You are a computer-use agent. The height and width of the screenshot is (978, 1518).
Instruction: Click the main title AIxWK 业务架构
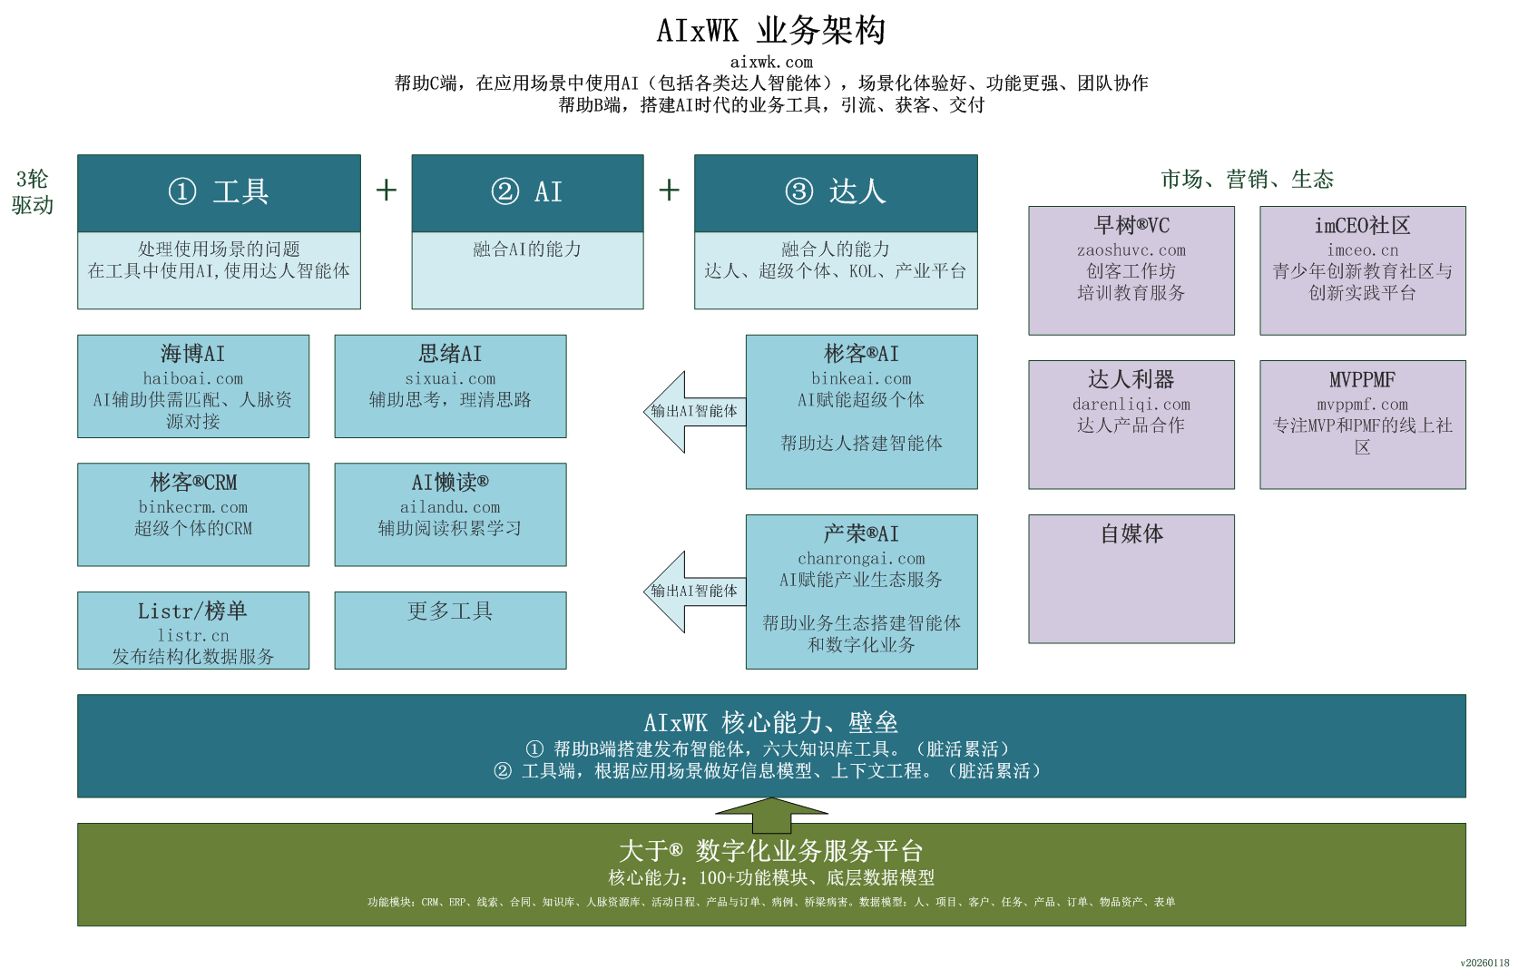pos(770,31)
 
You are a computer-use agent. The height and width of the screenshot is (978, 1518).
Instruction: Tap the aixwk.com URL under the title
pos(771,62)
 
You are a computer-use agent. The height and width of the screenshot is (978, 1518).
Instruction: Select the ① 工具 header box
pos(219,192)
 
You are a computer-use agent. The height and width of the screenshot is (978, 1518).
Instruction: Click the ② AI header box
pos(527,192)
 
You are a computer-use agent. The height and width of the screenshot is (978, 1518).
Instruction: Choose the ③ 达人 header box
pos(836,192)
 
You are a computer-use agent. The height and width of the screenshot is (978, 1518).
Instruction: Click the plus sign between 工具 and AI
pos(387,190)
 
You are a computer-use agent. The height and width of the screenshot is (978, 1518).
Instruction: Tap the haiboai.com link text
pos(193,378)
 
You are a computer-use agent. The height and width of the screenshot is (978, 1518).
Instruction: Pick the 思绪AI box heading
pos(450,354)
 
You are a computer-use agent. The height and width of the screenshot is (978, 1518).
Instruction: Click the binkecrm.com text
pos(193,507)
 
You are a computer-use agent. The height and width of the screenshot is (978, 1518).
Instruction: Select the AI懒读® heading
pos(450,482)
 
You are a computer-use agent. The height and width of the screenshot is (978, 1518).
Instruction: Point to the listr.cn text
pos(193,636)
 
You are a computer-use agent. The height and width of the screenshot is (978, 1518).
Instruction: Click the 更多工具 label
pos(450,611)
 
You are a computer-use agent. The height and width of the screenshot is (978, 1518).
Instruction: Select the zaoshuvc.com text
pos(1131,250)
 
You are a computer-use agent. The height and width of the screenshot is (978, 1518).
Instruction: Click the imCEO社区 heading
pos(1362,226)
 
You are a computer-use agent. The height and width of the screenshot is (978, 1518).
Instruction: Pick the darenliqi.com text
pos(1131,405)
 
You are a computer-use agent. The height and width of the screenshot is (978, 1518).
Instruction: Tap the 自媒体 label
pos(1131,534)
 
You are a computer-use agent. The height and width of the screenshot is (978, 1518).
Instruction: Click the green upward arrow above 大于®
pos(771,814)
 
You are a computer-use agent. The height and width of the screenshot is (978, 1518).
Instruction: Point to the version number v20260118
pos(1484,963)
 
